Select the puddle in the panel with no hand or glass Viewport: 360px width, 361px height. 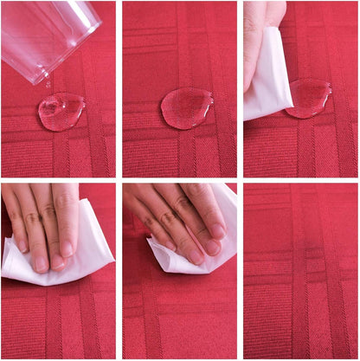pyautogui.click(x=186, y=108)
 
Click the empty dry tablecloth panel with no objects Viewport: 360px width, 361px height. pyautogui.click(x=300, y=270)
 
